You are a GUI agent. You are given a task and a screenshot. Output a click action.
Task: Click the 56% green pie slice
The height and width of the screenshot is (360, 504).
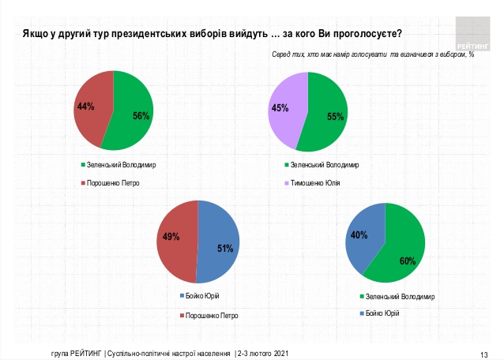[134, 115]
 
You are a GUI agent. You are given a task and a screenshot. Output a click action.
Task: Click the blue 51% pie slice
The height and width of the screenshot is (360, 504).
[220, 248]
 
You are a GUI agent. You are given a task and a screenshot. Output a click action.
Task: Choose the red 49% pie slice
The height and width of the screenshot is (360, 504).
[175, 237]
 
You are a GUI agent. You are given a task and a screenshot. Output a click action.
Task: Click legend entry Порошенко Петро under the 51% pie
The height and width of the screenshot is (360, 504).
[209, 315]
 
